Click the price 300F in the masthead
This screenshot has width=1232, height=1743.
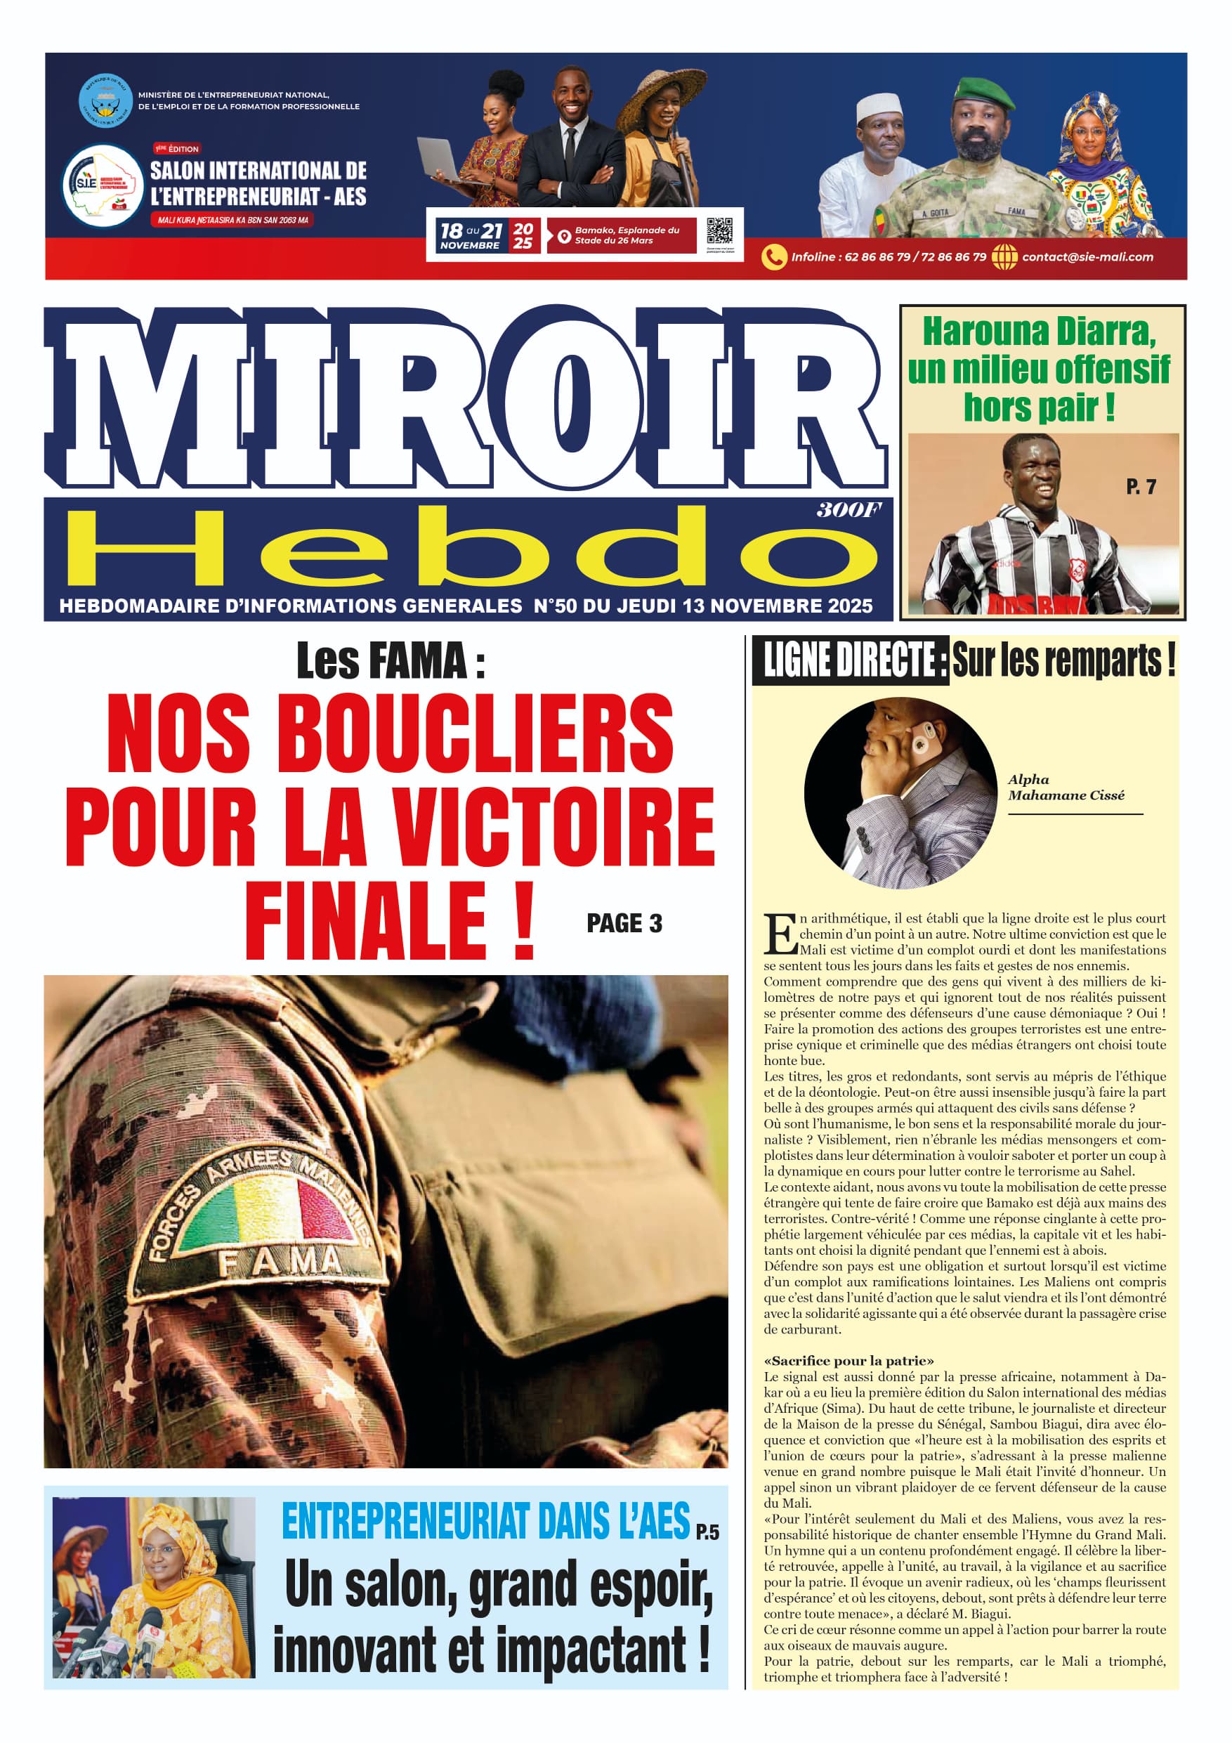[848, 510]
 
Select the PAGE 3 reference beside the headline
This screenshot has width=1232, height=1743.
[624, 923]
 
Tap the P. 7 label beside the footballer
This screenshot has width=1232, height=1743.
[1140, 487]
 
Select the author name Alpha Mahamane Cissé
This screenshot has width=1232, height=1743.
[1065, 788]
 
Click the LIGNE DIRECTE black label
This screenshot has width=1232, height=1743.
[849, 660]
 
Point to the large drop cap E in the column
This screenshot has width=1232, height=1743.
[780, 934]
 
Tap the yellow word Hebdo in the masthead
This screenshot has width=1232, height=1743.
[471, 549]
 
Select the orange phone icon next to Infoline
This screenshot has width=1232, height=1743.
[773, 257]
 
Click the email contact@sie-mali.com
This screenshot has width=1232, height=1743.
[1087, 257]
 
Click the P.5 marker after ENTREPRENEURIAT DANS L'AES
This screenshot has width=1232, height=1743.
[707, 1532]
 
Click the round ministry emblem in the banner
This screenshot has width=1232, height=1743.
[105, 101]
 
